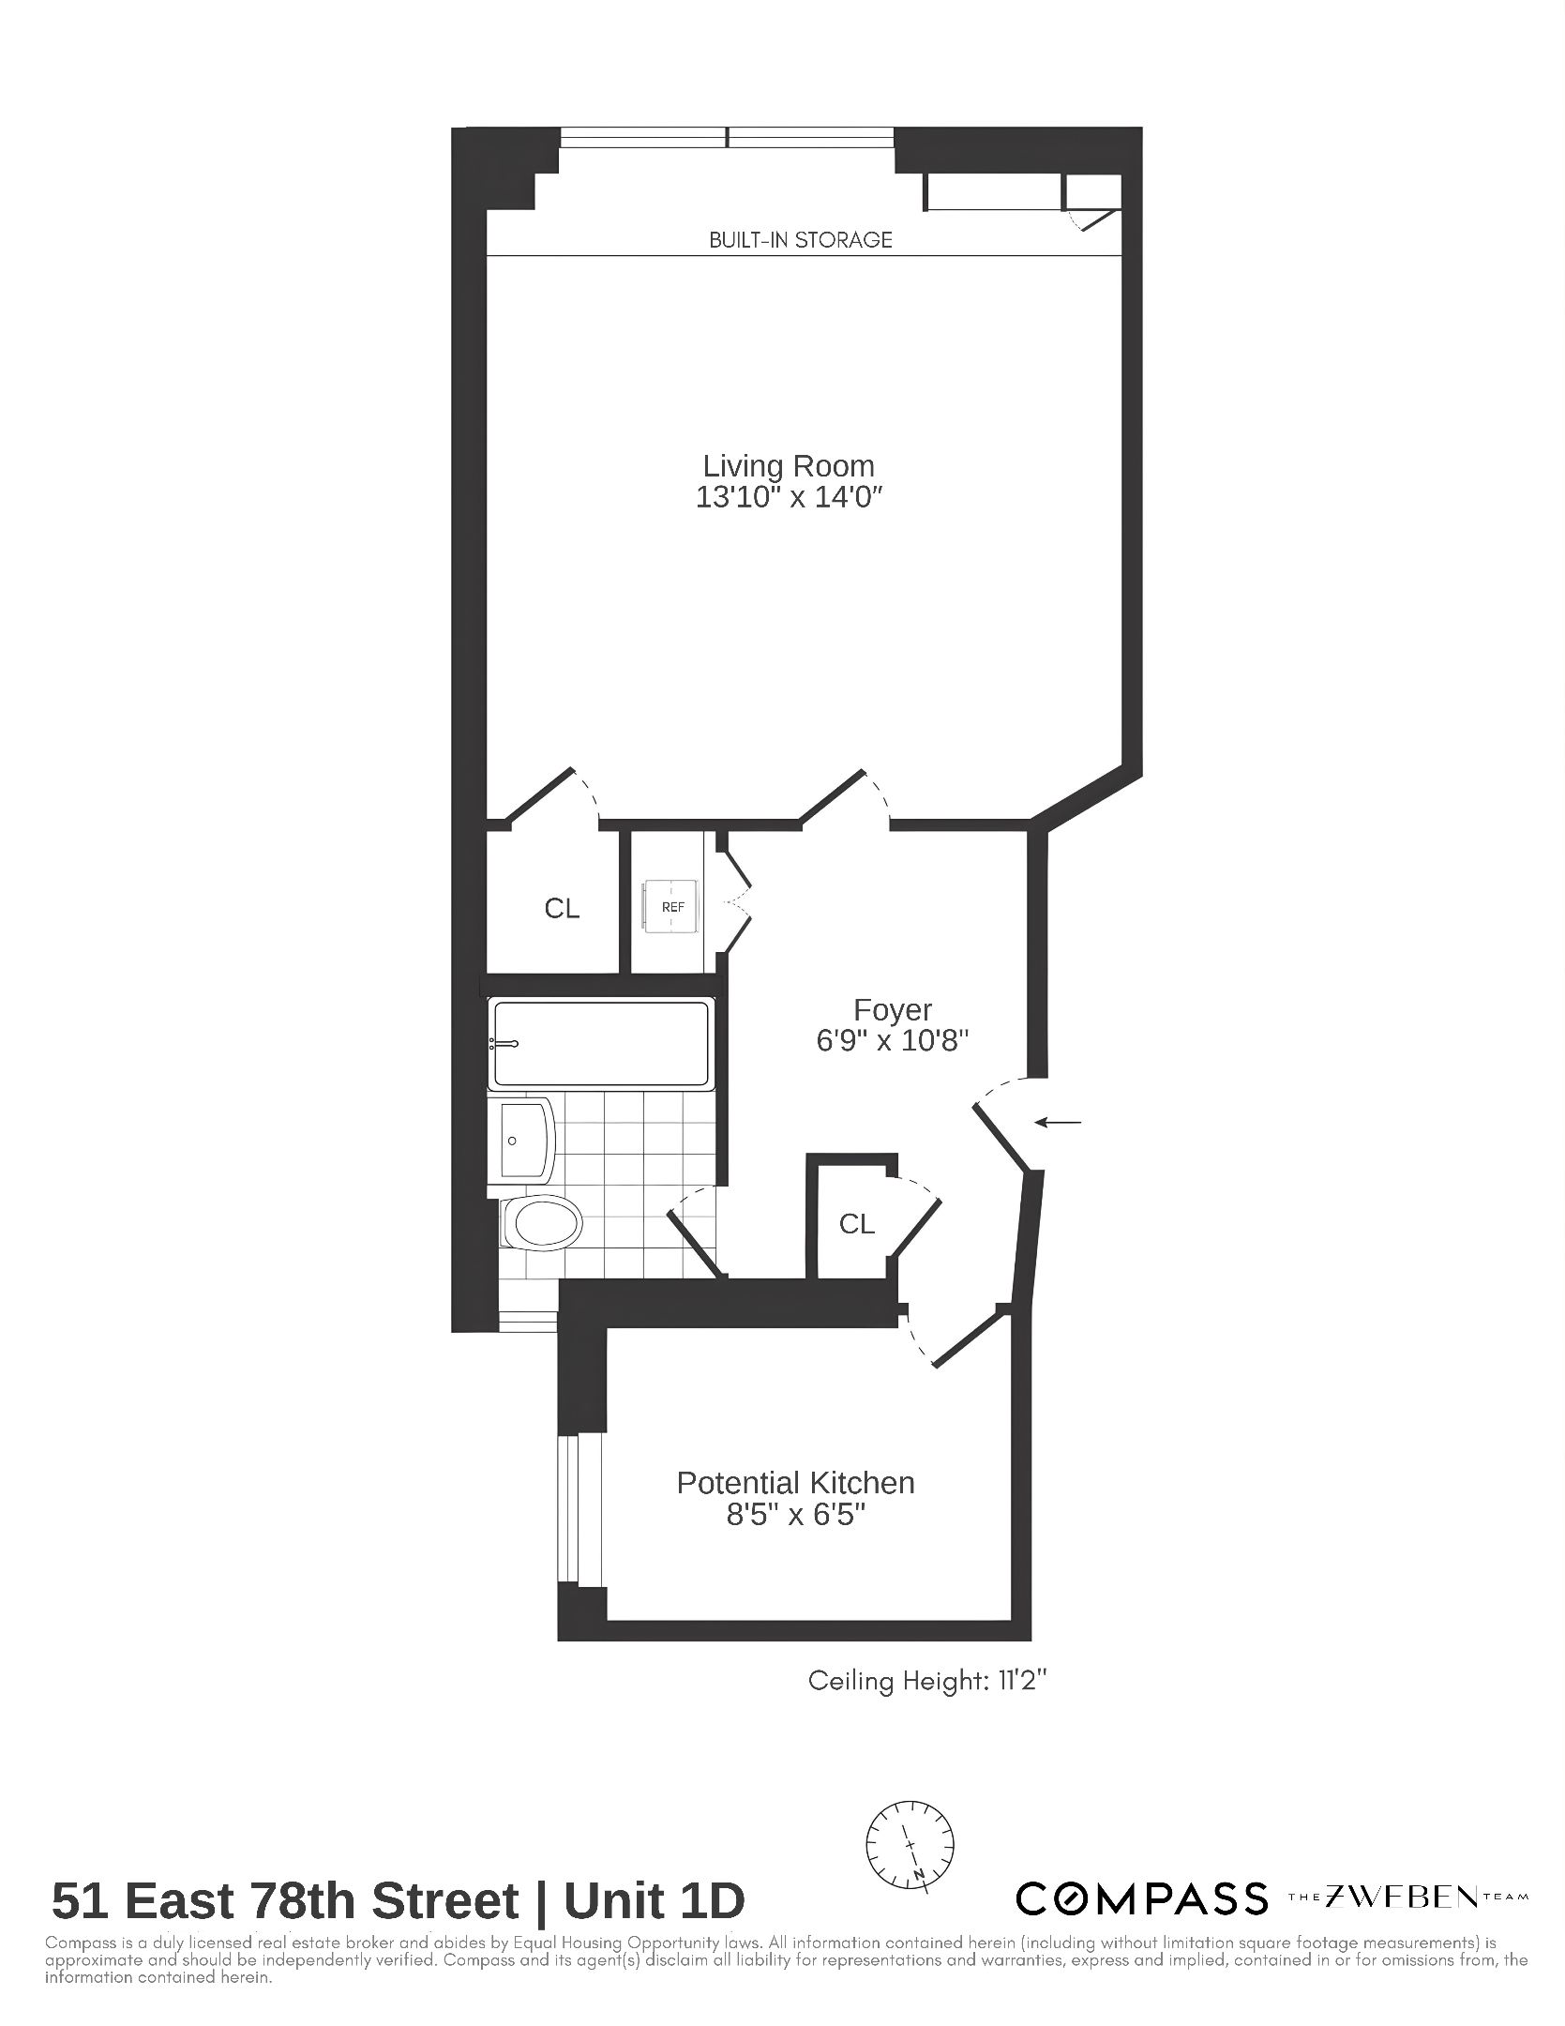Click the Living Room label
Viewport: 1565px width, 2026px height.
point(789,466)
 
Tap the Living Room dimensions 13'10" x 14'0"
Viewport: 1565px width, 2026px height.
point(790,497)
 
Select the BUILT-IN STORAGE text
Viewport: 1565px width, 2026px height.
point(801,240)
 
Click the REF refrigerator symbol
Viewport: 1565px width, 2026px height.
point(671,907)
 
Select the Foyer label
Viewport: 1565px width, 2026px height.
point(892,1010)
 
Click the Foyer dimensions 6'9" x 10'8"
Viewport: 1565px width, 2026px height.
point(892,1041)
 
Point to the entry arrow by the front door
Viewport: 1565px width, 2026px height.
point(1058,1122)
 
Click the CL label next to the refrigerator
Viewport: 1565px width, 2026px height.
point(562,908)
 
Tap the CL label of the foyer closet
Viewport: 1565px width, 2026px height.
point(856,1224)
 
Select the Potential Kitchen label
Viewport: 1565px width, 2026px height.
point(795,1483)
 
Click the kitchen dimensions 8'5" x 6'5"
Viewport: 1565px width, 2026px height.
point(795,1515)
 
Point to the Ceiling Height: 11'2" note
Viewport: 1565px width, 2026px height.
point(926,1681)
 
